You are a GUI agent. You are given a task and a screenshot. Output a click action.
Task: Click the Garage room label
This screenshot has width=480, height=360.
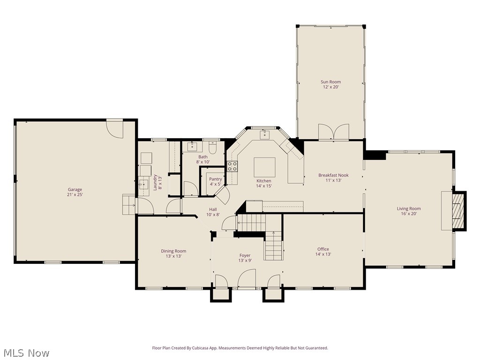coord(75,190)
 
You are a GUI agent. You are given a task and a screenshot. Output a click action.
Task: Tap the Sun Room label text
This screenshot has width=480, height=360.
coord(330,82)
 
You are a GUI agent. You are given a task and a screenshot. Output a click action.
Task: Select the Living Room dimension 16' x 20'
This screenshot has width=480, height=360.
coord(409,214)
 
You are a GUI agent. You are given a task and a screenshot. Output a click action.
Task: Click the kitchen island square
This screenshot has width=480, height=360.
coord(264,167)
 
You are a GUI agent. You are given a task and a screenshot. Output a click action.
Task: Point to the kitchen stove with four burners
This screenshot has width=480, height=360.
coord(232,166)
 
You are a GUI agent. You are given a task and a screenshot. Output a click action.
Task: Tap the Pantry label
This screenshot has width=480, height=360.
coord(216,179)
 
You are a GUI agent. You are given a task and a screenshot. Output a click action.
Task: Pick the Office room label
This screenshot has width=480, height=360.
coord(323,249)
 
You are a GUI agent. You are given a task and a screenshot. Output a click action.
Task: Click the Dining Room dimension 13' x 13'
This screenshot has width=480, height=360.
coord(173,256)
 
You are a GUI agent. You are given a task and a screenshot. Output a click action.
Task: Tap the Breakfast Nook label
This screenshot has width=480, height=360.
coord(333,175)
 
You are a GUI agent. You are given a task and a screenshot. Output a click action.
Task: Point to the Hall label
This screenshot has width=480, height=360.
coord(213,210)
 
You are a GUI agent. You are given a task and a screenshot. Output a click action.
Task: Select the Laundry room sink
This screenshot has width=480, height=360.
coord(142,183)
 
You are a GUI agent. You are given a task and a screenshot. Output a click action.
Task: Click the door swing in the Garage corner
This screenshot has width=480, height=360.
coord(114,127)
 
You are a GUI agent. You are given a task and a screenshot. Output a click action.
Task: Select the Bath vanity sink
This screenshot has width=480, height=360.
coord(192,147)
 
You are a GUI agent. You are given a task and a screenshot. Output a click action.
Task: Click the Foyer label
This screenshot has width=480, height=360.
coord(245,255)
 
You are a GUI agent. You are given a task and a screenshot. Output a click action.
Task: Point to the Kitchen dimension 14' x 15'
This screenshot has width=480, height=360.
coord(263,186)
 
